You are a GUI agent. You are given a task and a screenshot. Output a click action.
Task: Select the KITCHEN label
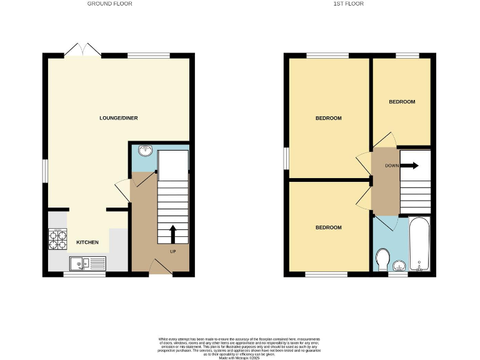tap(87, 242)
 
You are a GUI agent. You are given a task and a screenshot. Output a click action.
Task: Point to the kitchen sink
tap(87, 264)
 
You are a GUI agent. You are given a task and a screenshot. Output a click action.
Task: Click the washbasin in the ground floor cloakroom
tap(144, 150)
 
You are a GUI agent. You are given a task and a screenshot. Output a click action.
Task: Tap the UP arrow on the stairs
tap(172, 234)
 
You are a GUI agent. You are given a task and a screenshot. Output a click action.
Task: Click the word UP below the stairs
tap(172, 252)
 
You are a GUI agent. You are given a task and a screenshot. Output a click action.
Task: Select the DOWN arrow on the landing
tap(409, 166)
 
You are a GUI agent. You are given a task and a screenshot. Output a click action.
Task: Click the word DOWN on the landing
tap(392, 166)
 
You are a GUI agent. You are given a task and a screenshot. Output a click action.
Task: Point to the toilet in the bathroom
tap(382, 258)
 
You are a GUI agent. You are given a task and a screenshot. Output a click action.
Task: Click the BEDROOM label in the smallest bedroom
tap(401, 101)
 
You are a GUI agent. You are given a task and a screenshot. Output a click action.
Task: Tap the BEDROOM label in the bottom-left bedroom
tap(328, 227)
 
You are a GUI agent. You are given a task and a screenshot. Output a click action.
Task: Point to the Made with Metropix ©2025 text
tap(240, 357)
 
